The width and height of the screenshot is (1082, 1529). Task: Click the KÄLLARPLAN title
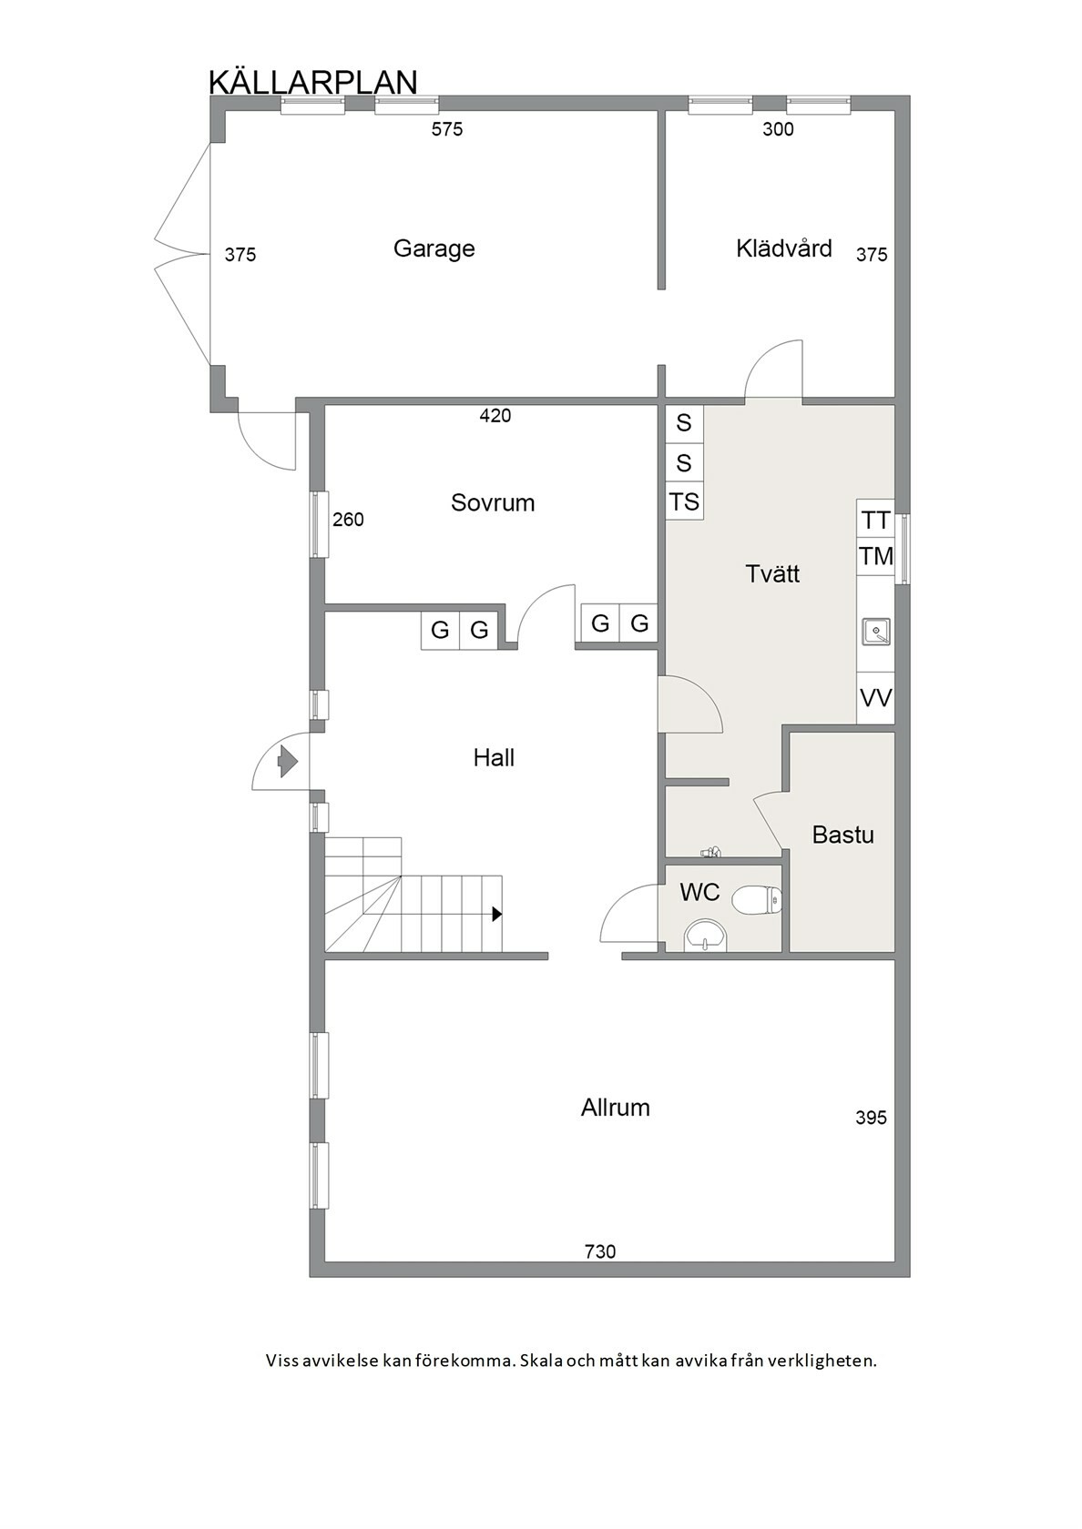point(313,81)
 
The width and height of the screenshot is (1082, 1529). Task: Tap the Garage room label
point(434,248)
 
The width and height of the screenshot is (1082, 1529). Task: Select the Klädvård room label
point(783,248)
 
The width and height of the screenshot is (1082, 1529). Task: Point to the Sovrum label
point(493,503)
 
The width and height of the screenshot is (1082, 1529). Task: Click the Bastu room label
point(843,835)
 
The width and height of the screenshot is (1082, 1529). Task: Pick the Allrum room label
point(615,1107)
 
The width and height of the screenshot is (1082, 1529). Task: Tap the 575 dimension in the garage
point(447,129)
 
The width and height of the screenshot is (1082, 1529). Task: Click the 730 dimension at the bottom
point(600,1252)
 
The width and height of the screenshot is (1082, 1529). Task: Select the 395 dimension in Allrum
point(871,1118)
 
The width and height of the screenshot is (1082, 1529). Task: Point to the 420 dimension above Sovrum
point(495,416)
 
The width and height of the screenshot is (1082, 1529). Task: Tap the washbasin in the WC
point(706,935)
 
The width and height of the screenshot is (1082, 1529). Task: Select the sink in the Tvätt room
point(876,631)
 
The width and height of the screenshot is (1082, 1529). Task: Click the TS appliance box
point(685,501)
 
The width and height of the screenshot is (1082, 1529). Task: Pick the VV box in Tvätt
point(876,698)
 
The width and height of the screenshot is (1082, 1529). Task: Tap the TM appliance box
point(876,556)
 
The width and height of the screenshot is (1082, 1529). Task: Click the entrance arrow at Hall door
point(287,761)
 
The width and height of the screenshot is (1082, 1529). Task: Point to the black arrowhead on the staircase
point(497,914)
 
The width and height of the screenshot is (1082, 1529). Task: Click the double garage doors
point(182,255)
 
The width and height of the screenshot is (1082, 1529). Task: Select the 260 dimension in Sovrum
point(348,521)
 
